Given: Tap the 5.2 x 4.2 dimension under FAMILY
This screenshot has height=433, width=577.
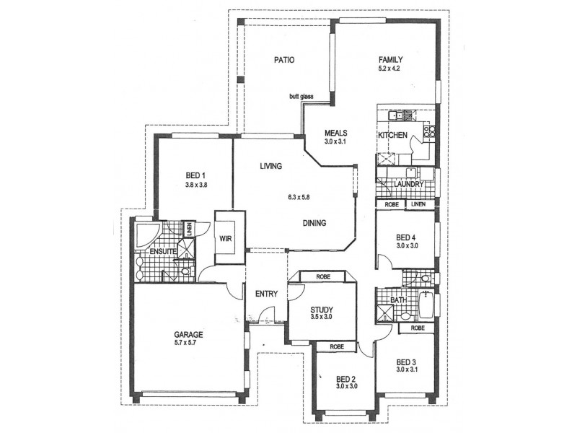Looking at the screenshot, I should click(388, 69).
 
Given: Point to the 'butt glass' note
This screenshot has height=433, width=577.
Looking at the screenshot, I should click(301, 97).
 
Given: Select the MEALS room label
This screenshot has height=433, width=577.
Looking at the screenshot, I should click(336, 133).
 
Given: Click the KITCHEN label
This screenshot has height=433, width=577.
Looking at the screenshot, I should click(393, 136).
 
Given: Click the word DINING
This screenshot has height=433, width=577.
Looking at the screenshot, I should click(314, 223).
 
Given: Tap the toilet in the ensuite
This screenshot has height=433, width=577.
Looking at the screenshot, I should click(184, 272).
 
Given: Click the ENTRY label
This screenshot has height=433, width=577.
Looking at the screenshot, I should click(266, 294).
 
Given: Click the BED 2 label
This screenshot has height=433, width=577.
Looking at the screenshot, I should click(344, 379).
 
